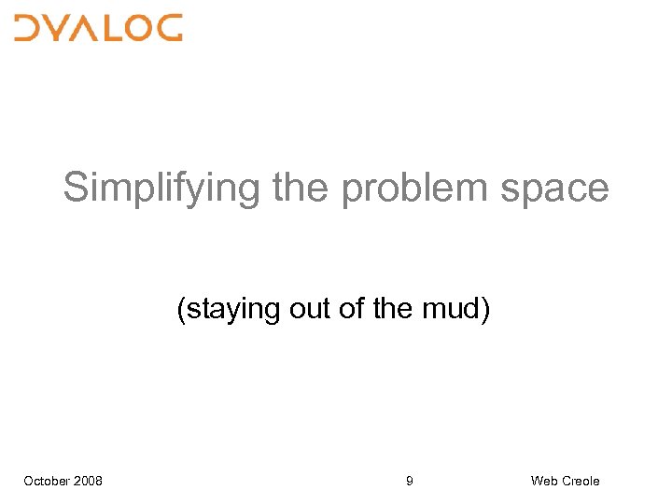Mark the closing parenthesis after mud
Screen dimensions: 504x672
pos(484,309)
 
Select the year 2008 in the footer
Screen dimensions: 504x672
pos(89,481)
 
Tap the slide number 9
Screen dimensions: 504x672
pos(410,481)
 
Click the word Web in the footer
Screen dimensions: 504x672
pos(543,481)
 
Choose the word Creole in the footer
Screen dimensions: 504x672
pos(581,481)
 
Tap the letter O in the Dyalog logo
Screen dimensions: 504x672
pos(137,28)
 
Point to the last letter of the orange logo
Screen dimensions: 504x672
pos(168,28)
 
